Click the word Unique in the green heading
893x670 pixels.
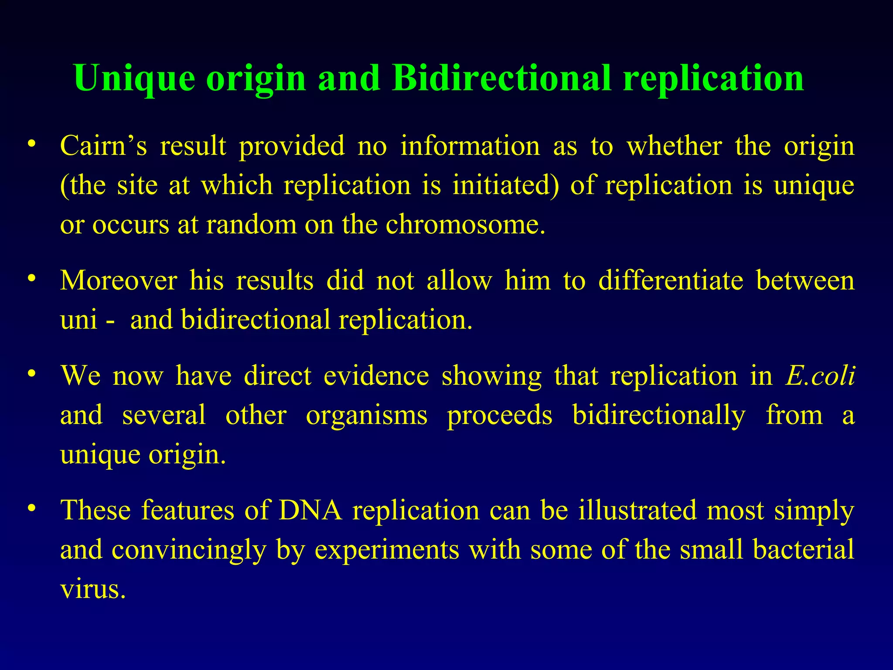point(134,79)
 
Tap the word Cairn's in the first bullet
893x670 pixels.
point(103,146)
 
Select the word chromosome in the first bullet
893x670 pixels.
point(465,225)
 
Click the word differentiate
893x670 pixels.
point(671,280)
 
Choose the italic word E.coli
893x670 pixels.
point(819,376)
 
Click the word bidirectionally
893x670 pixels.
point(658,415)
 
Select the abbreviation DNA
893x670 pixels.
point(310,510)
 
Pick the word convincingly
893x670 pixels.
point(189,550)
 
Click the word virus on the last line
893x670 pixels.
point(92,589)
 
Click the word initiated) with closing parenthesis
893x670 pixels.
point(505,185)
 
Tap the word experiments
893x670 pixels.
point(387,550)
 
